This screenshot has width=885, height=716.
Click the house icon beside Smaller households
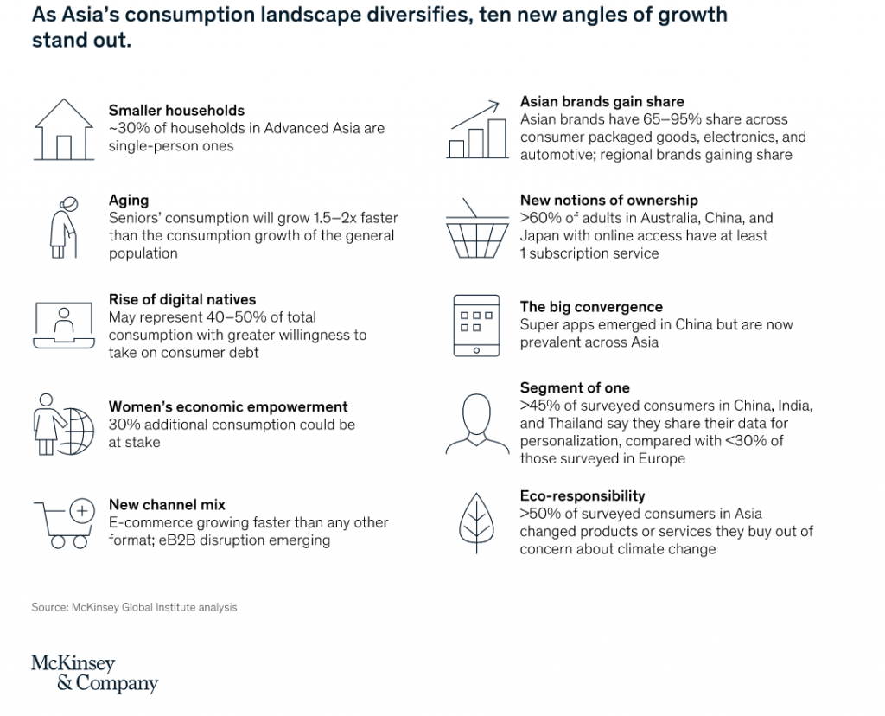63,129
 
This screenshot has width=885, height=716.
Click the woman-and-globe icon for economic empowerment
61,425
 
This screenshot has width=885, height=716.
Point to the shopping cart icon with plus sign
62,523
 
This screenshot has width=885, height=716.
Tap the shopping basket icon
476,228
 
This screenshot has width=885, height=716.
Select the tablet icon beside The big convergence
476,326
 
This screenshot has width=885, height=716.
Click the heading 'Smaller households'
176,111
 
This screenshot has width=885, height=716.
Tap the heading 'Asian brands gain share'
602,102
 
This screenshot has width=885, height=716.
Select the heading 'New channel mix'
167,505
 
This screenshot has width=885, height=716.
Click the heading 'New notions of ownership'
608,201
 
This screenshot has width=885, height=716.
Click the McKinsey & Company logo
94,674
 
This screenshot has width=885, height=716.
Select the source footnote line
134,607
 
